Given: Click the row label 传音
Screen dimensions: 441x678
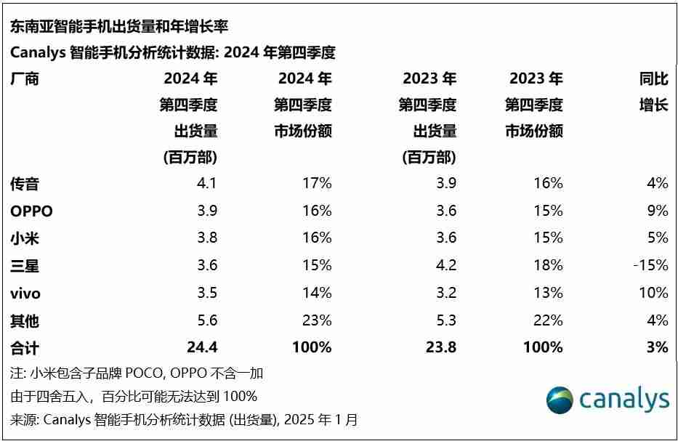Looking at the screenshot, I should tap(25, 184).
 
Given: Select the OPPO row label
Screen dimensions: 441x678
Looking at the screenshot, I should tap(32, 211).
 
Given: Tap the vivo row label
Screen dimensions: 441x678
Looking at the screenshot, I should tap(25, 294).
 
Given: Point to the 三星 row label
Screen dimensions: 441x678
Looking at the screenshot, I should tap(25, 266).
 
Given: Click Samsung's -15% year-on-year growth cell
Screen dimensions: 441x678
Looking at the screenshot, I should tap(650, 265).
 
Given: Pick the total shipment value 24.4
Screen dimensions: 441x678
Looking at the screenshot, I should tap(202, 348).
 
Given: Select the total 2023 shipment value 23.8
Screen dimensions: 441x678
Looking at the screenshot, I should tap(441, 348).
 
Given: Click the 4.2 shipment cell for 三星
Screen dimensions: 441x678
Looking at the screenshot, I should tap(445, 265).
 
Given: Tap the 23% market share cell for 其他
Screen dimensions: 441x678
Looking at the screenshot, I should tap(318, 320).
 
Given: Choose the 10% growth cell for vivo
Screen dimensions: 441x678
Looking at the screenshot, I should tap(653, 293).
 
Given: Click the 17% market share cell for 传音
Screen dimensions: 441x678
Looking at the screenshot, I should tap(318, 183).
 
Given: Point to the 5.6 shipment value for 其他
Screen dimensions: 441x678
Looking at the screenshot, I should tap(207, 320).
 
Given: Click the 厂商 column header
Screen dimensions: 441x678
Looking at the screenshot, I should tap(25, 79).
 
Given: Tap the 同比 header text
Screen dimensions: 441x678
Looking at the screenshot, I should tap(653, 79).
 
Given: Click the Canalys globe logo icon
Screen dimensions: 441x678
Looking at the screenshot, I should tap(560, 400).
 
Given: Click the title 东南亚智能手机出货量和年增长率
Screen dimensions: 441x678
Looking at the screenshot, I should tap(119, 27).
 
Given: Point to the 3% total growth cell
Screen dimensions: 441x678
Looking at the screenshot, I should tap(657, 348).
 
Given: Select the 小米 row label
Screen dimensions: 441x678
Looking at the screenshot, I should tap(25, 238).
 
